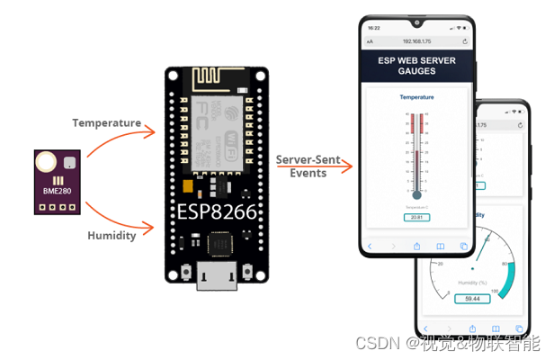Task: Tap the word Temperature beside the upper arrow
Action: click(x=107, y=122)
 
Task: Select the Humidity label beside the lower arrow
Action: click(x=112, y=235)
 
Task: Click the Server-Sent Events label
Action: click(x=308, y=166)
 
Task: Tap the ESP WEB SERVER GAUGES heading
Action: click(x=416, y=65)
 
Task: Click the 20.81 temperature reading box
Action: click(x=416, y=217)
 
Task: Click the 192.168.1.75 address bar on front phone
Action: click(x=416, y=41)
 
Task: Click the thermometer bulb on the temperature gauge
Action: click(x=416, y=194)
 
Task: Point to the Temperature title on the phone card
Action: click(x=416, y=96)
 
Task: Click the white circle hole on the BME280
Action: click(x=45, y=163)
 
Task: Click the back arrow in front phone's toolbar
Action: click(x=369, y=246)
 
